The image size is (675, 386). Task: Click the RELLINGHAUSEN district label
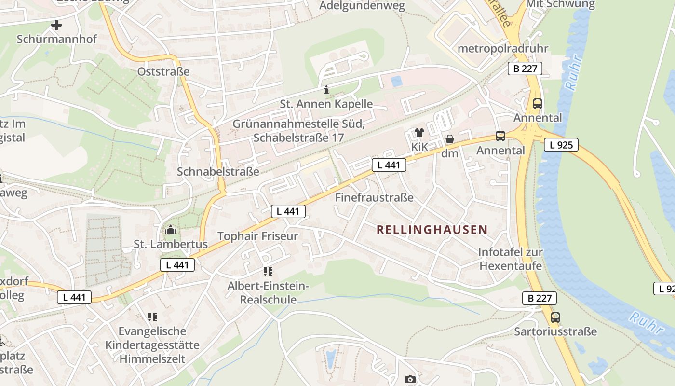coord(432,230)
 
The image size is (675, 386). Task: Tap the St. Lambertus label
coord(171,244)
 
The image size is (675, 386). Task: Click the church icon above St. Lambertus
coord(170,230)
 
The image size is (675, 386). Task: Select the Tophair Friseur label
coord(258,236)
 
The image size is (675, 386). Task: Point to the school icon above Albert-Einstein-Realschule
coord(268,272)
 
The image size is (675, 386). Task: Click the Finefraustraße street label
coord(374,197)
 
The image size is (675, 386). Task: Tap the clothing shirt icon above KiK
coord(419,133)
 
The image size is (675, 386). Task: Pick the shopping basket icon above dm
coord(450,139)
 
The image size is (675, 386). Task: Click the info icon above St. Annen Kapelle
coord(326,90)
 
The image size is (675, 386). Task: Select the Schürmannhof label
coord(57,39)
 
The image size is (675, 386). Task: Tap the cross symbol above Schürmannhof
coord(56,25)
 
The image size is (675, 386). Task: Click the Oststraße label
coord(163,72)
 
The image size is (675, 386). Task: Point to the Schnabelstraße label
coord(218,171)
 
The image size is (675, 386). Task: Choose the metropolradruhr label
coord(503,49)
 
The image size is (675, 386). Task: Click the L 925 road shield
coord(561,144)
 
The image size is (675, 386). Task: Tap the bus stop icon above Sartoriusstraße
coord(555,317)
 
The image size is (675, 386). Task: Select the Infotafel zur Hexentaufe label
coord(511,259)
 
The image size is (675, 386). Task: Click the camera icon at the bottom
coord(410,380)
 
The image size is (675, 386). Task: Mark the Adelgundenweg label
coord(362,6)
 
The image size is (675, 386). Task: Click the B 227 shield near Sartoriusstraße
coord(539,298)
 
